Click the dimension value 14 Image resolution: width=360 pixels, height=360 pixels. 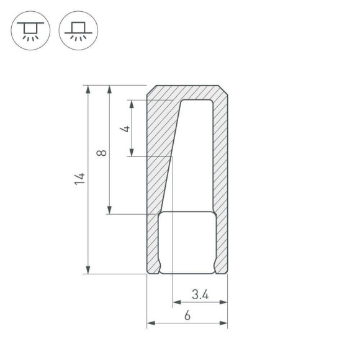click(x=79, y=179)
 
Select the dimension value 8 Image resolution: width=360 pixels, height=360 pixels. click(x=102, y=151)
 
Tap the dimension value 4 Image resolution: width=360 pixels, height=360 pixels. click(x=126, y=128)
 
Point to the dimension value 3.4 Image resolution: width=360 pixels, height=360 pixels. click(x=199, y=294)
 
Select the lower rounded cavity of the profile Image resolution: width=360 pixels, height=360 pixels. click(x=186, y=242)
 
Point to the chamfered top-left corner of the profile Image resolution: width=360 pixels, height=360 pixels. click(x=151, y=89)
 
